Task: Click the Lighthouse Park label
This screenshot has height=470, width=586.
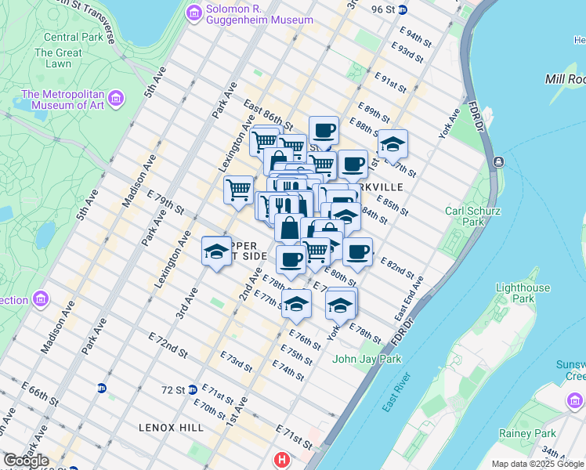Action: (523, 293)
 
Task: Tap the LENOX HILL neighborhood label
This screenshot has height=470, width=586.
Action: (171, 428)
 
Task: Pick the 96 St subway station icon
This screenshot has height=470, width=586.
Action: (403, 9)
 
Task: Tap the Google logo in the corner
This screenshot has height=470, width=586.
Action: (26, 461)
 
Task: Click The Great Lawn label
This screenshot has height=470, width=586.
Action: (59, 59)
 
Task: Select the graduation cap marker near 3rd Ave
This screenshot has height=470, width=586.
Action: (217, 251)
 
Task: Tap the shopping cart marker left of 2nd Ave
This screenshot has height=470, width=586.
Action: (238, 188)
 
